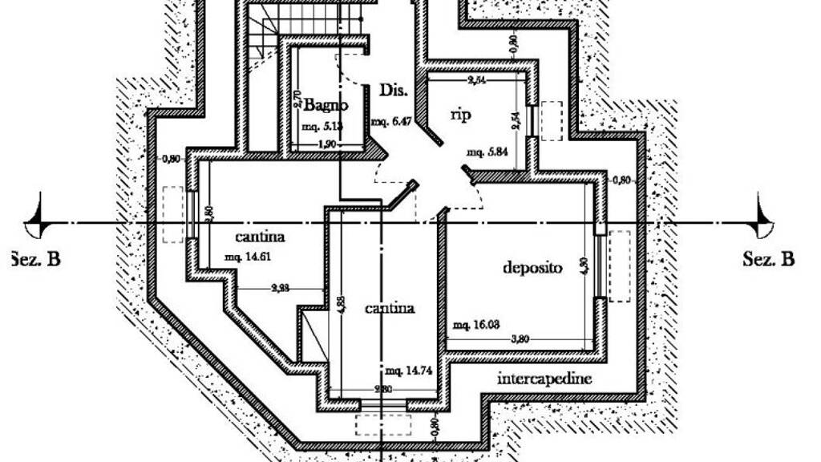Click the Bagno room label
[326, 105]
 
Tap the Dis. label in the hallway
[390, 89]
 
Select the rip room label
[460, 115]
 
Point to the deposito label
[532, 267]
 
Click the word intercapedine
[545, 378]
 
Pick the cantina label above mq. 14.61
[261, 237]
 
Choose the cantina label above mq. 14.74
[390, 308]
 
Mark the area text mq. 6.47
[391, 122]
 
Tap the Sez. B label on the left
[35, 259]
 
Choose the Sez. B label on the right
[768, 259]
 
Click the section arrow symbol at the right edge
[764, 219]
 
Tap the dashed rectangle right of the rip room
[551, 121]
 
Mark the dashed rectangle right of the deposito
[620, 266]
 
